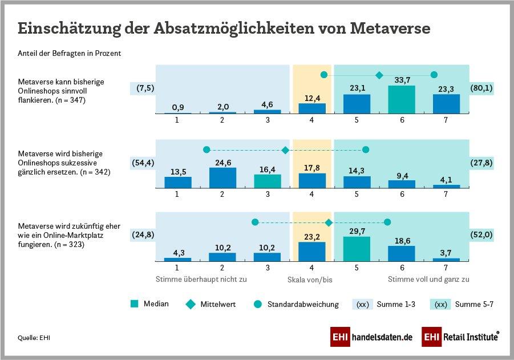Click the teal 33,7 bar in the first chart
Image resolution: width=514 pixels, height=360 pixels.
(402, 100)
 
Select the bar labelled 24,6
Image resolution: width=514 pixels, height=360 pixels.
(222, 177)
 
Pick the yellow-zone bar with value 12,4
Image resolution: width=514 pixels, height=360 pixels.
(312, 108)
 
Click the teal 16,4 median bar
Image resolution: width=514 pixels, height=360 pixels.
(267, 181)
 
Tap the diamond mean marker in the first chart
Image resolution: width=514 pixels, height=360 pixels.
(379, 75)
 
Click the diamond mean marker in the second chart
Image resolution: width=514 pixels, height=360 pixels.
(285, 150)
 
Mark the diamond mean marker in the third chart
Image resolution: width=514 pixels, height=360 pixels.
(329, 222)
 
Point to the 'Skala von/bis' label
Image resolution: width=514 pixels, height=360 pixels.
(311, 280)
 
